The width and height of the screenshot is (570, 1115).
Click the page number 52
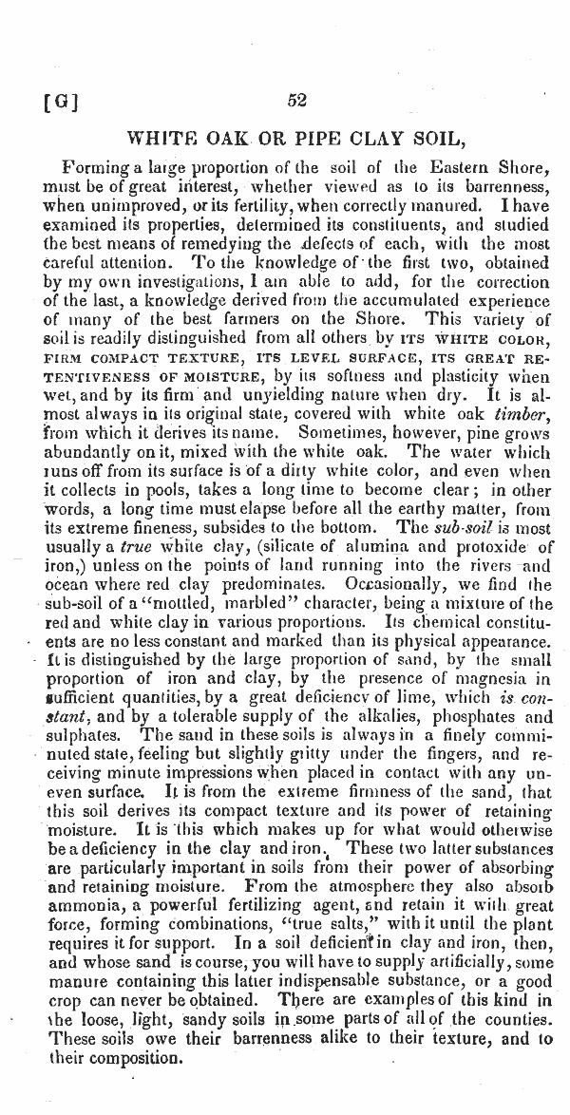click(295, 101)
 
